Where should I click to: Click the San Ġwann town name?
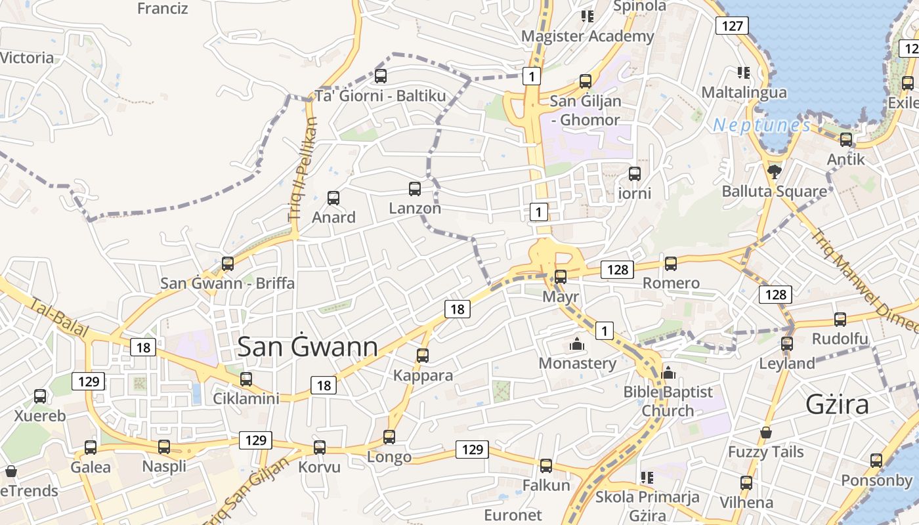coord(307,347)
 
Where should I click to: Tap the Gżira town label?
coord(837,404)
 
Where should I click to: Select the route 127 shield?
coord(731,26)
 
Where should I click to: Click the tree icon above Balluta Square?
coord(775,172)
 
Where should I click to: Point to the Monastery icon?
coord(577,344)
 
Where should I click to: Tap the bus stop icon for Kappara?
coord(423,356)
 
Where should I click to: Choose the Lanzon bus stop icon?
coord(415,189)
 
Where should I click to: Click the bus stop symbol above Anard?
coord(333,198)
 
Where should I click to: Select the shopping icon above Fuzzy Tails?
coord(765,432)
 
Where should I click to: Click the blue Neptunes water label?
coord(761,125)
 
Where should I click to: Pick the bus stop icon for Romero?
coord(671,264)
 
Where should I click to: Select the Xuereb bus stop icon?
coord(40,396)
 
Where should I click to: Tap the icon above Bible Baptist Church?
coord(668,373)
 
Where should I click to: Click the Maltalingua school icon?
coord(744,72)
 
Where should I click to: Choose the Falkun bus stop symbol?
coord(546,466)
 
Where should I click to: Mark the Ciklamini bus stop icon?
coord(246,379)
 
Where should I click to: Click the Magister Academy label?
coord(588,36)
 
